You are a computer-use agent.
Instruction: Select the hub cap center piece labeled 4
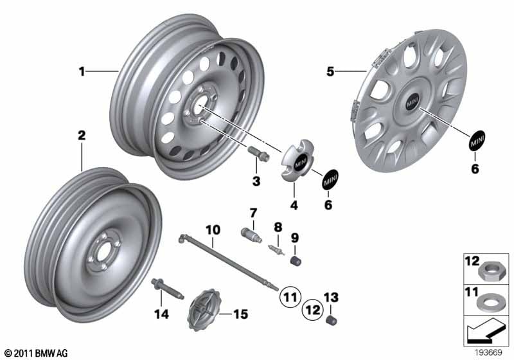297,160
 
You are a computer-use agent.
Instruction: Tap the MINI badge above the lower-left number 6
329,179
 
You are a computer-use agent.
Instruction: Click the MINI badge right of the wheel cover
477,140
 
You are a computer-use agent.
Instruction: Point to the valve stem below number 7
251,236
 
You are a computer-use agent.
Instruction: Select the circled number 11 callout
290,297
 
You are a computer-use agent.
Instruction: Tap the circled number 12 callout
313,309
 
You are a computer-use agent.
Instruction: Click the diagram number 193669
489,353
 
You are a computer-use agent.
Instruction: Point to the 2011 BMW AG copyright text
37,353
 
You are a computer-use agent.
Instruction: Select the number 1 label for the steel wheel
82,71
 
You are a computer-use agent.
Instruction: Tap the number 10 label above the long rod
213,230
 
